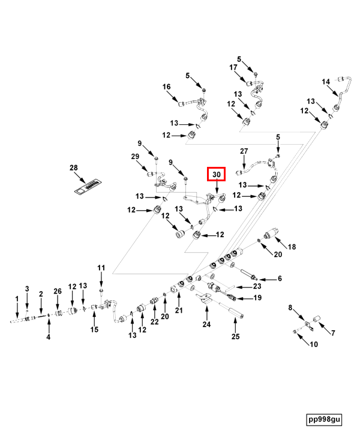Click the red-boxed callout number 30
coord(216,174)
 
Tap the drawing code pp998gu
coord(324,419)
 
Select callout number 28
coord(74,167)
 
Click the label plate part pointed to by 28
coord(88,187)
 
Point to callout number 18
coord(292,247)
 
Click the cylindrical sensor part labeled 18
coord(271,233)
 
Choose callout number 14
coord(326,82)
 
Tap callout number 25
coord(235,336)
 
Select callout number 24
coord(206,324)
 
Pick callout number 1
coord(17,299)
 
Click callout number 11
coord(101,268)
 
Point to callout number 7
coord(333,333)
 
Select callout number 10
coord(314,344)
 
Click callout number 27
coord(244,151)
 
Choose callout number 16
coord(167,86)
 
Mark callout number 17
coord(233,67)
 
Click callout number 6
coord(280,279)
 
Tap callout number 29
coord(135,156)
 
